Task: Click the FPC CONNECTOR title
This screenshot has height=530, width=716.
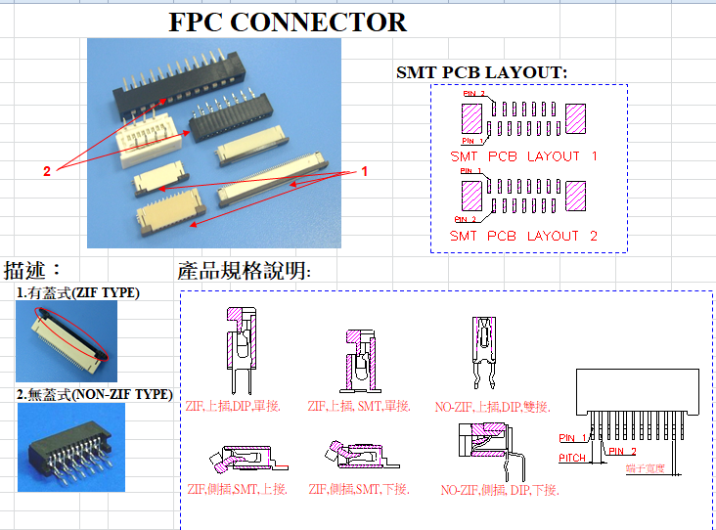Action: point(288,22)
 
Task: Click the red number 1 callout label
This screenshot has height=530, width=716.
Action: point(365,171)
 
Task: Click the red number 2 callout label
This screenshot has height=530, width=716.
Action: point(46,171)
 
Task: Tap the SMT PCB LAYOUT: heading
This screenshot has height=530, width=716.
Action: point(481,72)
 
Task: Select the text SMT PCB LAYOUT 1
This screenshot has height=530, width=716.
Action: point(523,156)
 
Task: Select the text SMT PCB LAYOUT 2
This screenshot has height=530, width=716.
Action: point(523,236)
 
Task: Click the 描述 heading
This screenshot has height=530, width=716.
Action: point(33,270)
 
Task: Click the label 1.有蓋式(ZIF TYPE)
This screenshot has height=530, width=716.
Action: point(78,292)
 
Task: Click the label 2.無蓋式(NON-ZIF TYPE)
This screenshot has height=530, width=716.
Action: point(95,394)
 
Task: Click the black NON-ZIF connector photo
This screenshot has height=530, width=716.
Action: point(70,448)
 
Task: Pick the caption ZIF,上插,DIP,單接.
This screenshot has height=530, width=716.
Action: point(233,406)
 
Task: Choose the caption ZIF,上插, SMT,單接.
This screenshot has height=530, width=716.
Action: point(359,406)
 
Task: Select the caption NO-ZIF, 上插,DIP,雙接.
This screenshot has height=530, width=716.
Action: point(493,406)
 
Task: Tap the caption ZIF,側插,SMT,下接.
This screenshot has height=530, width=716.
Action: point(359,489)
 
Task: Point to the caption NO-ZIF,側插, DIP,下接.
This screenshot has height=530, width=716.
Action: point(500,490)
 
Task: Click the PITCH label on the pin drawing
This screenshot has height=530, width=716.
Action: point(572,458)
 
